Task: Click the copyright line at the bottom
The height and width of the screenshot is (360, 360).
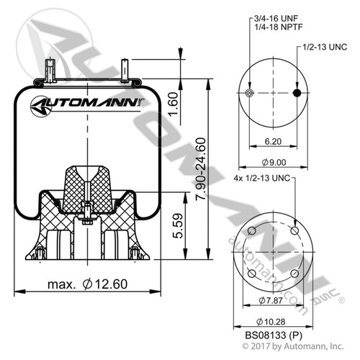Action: tap(273, 348)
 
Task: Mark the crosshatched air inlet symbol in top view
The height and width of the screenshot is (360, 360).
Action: tap(250, 94)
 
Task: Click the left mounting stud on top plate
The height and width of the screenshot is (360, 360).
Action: tap(49, 72)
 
